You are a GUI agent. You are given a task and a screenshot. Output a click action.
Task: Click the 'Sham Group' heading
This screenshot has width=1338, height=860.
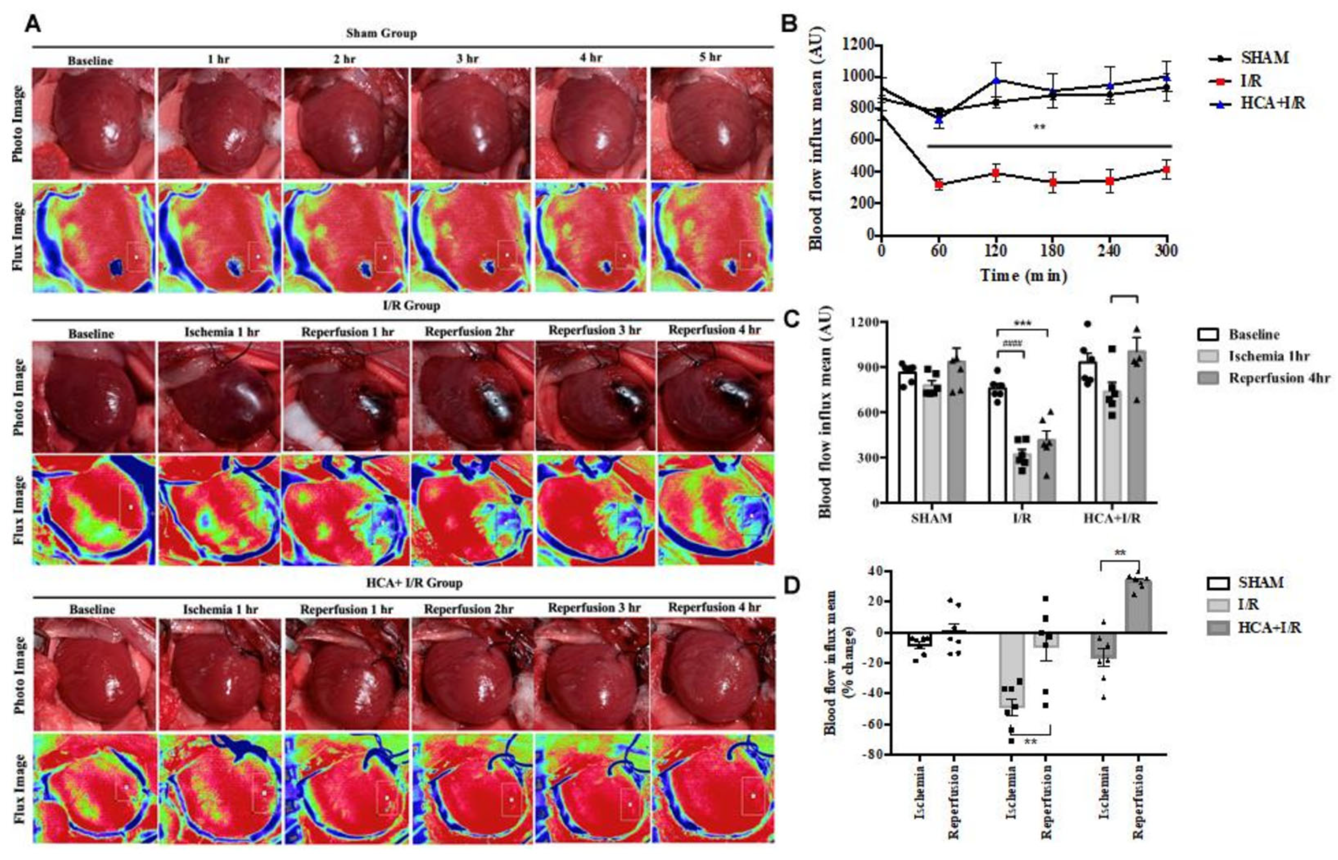click(x=381, y=33)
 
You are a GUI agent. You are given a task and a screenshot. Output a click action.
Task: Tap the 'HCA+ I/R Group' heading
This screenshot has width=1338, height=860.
click(x=414, y=583)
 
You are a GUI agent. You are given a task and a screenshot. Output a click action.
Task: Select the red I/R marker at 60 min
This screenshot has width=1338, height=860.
click(x=939, y=185)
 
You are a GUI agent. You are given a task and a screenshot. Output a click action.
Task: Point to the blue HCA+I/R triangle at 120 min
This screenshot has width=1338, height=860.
click(x=996, y=80)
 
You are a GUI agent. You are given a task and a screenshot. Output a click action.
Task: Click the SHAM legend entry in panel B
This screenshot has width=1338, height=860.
click(x=1264, y=58)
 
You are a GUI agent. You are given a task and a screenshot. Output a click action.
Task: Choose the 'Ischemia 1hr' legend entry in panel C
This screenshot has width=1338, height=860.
click(x=1268, y=356)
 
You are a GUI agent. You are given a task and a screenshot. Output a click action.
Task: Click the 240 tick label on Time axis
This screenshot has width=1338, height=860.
click(x=1109, y=251)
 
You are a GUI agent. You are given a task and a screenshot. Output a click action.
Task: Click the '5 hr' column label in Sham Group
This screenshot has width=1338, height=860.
click(x=710, y=57)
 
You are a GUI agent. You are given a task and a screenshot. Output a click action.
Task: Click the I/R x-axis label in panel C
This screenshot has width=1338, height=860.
click(x=1022, y=518)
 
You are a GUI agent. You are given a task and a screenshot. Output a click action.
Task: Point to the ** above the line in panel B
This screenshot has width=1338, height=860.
click(x=1039, y=127)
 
